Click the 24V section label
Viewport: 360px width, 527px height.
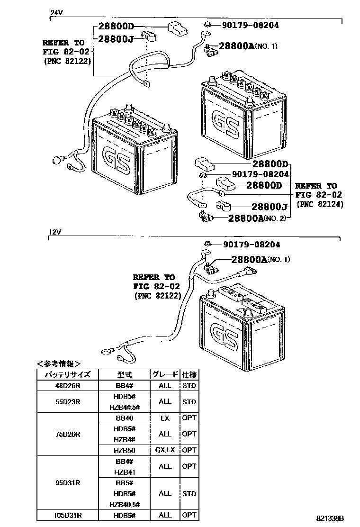(x=56, y=13)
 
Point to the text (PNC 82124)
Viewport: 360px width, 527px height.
(x=320, y=204)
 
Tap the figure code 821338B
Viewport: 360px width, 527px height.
(x=330, y=519)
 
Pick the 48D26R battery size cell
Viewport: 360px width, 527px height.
(x=68, y=386)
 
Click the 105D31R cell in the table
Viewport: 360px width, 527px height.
(x=68, y=515)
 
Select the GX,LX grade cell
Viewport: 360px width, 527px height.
(x=165, y=450)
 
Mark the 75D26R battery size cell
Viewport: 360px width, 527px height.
(x=68, y=434)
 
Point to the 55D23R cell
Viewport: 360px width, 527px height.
(x=68, y=401)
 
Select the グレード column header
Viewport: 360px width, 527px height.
(x=165, y=374)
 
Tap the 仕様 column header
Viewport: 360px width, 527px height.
(x=189, y=374)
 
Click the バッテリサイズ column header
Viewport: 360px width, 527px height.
(x=68, y=374)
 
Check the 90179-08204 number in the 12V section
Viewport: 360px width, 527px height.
(x=251, y=245)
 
